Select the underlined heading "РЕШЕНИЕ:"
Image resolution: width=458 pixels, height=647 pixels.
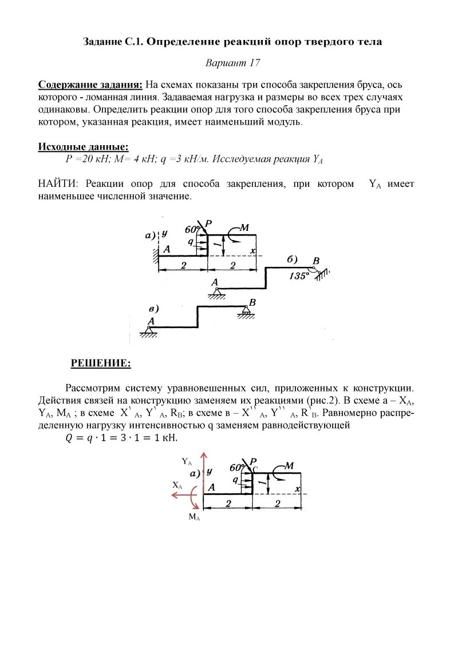tap(101, 363)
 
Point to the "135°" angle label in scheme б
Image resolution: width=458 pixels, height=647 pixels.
tap(299, 275)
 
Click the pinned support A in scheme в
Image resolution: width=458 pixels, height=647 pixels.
tap(150, 330)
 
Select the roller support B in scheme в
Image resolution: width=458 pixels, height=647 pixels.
tap(247, 310)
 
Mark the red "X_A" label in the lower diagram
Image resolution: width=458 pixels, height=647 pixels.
tap(177, 485)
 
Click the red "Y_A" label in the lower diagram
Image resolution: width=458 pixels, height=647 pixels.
tap(187, 461)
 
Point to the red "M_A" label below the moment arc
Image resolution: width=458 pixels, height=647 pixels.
tap(195, 517)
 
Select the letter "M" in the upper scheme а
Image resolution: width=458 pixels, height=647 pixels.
tap(244, 228)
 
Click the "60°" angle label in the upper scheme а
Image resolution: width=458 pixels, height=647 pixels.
tap(192, 229)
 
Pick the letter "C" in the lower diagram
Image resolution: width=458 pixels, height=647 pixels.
tap(255, 469)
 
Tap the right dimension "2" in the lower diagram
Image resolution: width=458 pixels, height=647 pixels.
tap(278, 503)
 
